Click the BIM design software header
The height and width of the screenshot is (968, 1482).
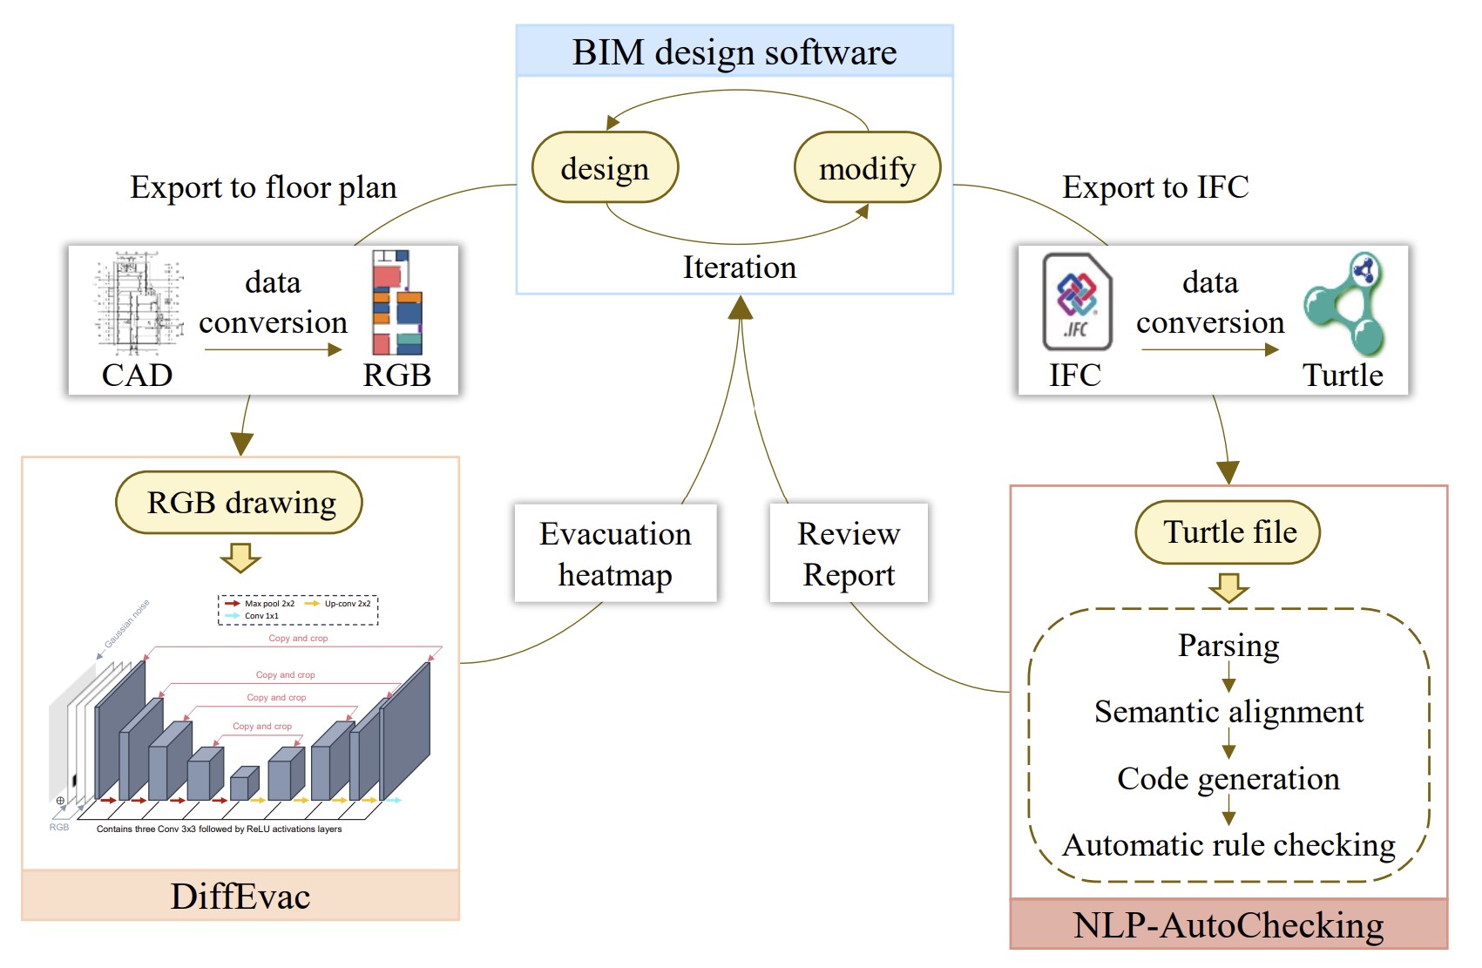click(734, 52)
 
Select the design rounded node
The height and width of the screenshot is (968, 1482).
click(605, 167)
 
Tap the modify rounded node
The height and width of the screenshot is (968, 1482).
click(867, 167)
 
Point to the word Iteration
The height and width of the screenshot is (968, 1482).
click(739, 267)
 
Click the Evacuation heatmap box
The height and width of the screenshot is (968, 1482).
click(615, 553)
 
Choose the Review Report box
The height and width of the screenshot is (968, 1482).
click(849, 553)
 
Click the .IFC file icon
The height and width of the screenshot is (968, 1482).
click(1077, 301)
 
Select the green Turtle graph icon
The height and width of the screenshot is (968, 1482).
click(1345, 304)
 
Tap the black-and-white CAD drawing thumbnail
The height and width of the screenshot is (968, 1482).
click(138, 302)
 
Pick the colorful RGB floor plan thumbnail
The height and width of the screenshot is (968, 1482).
click(396, 301)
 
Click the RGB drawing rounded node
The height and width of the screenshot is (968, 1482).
click(240, 503)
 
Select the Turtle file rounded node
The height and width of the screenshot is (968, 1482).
click(1228, 531)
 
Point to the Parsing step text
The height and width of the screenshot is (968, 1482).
click(1228, 645)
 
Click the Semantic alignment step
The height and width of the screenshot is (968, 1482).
click(1228, 712)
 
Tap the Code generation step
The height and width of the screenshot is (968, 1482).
click(1228, 778)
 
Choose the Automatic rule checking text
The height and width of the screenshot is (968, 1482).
click(1228, 845)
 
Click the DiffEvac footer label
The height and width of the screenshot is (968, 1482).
click(240, 896)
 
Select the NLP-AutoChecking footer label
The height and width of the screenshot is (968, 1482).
click(1228, 925)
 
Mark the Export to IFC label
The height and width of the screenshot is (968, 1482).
click(1155, 187)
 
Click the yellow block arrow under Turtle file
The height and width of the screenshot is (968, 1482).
click(1229, 588)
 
